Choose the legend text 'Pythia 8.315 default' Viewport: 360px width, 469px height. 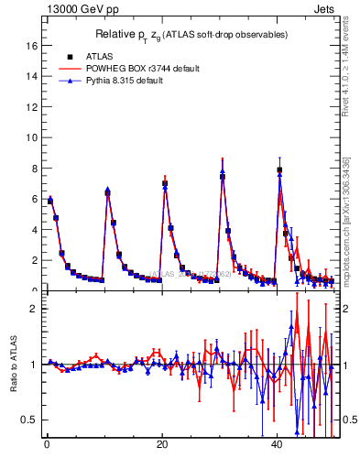click(x=128, y=81)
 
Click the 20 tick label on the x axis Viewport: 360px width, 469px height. click(x=162, y=445)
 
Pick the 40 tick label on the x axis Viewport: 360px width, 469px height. click(x=278, y=445)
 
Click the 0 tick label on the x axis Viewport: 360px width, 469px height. click(x=47, y=445)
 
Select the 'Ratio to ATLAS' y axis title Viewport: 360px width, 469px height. click(x=12, y=366)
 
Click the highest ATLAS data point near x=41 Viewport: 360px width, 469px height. click(x=279, y=170)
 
